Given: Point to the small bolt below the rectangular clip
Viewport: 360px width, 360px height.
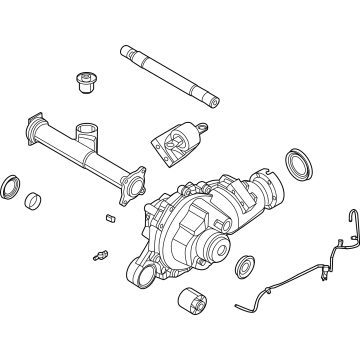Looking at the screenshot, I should pos(100,251).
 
